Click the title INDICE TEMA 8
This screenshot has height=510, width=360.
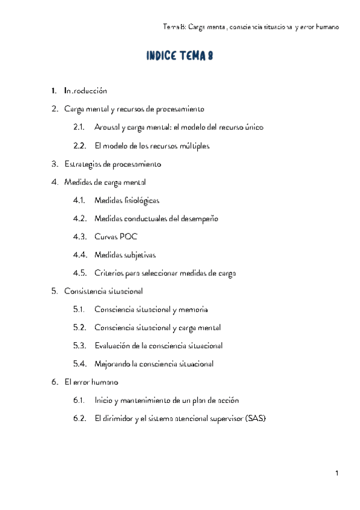(x=180, y=57)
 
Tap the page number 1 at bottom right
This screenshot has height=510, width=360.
(x=337, y=474)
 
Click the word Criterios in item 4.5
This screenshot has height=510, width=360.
(x=109, y=273)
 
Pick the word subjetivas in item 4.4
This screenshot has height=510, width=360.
(x=138, y=255)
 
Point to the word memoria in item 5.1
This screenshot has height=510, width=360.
(x=194, y=309)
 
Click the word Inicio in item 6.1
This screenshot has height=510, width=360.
(x=103, y=400)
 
